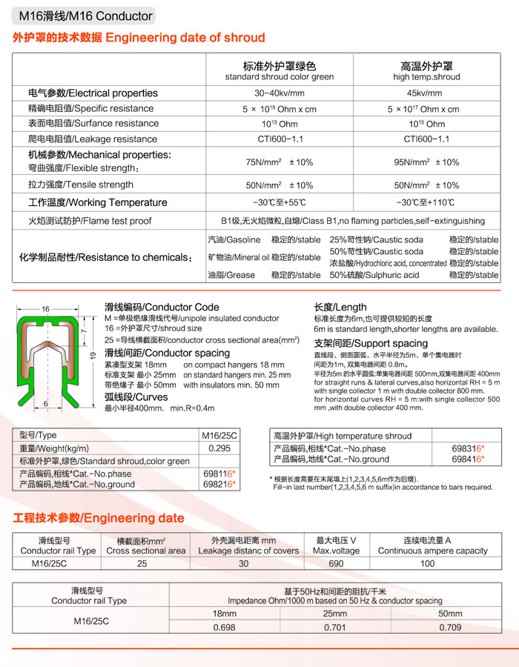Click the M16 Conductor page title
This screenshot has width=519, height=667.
(x=85, y=15)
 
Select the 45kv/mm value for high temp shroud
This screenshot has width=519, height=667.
(x=423, y=93)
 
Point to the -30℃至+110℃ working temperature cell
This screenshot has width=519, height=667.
(x=425, y=202)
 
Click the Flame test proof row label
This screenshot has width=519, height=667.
(x=90, y=221)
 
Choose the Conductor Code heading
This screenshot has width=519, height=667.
(x=162, y=307)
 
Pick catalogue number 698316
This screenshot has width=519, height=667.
(x=467, y=448)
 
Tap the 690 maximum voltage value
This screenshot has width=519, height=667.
(x=337, y=564)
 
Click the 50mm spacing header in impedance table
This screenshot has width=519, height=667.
(x=449, y=614)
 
